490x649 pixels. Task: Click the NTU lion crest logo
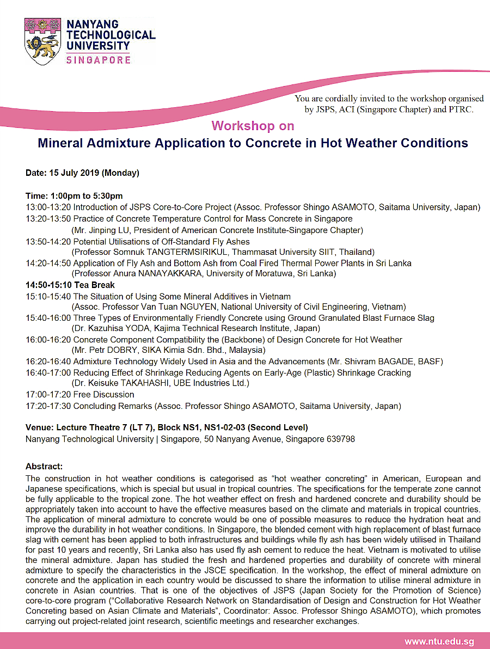[43, 42]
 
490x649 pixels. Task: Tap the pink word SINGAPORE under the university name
[98, 60]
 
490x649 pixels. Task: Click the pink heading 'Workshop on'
[253, 126]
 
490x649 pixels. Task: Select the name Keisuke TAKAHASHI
[125, 383]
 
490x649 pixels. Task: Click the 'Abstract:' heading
[44, 467]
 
